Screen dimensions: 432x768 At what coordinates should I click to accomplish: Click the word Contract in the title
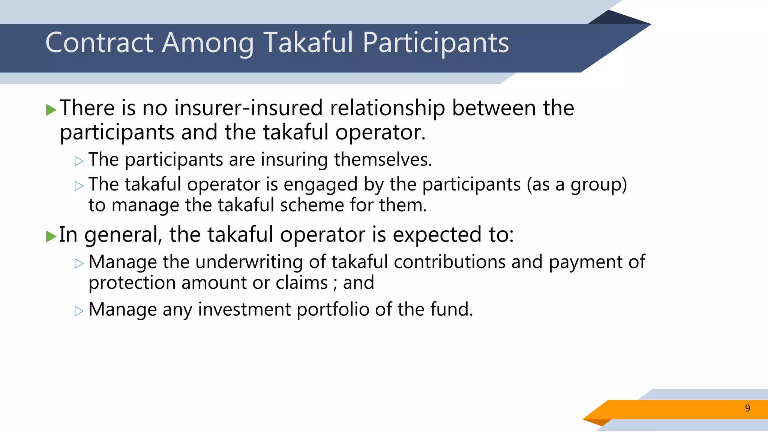(x=99, y=43)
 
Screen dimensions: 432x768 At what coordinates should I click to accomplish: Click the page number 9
(x=747, y=408)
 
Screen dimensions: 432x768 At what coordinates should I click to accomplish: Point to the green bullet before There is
(x=51, y=110)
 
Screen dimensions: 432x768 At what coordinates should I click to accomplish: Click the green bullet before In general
(x=51, y=236)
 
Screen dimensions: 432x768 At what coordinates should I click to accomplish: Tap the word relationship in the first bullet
(x=387, y=109)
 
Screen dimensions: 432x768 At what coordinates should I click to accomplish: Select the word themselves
(x=383, y=159)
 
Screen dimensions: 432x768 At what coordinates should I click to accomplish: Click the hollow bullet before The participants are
(x=79, y=161)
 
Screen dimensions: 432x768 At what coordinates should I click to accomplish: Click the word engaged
(x=321, y=185)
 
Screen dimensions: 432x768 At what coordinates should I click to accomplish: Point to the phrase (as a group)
(x=577, y=185)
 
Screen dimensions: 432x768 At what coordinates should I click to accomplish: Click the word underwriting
(x=249, y=262)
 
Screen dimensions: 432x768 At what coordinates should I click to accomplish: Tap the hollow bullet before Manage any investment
(x=79, y=311)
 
